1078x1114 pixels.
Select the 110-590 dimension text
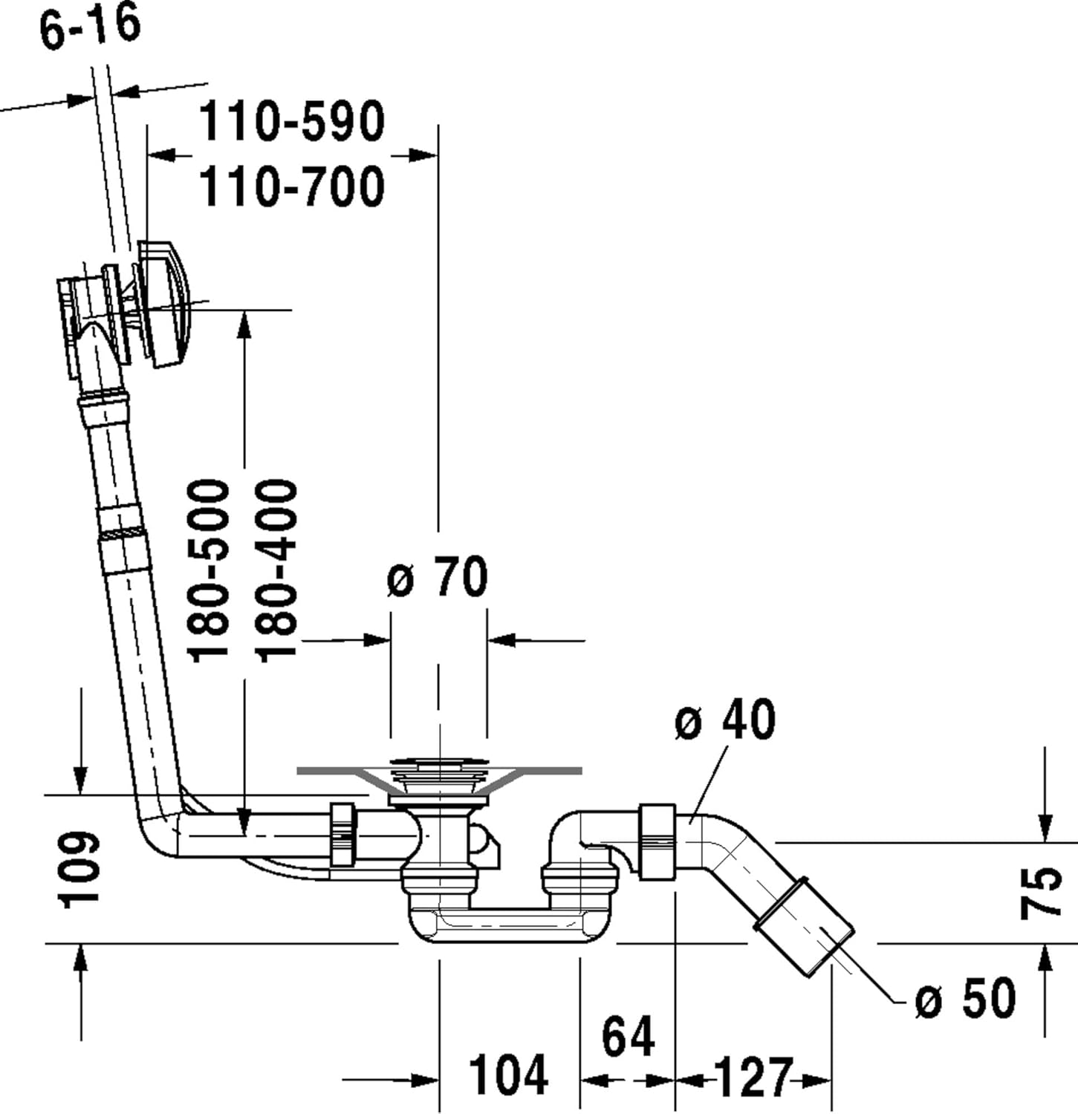291,122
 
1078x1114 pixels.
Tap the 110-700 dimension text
291,187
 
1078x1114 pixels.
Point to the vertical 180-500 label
209,570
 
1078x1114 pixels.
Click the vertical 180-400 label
276,570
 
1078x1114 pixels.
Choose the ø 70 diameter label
438,577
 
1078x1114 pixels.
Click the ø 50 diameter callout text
965,998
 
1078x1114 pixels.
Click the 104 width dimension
509,1075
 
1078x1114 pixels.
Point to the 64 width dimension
628,1037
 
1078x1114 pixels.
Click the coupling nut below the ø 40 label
657,841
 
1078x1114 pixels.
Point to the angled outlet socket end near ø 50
805,926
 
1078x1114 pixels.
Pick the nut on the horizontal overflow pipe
342,834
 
